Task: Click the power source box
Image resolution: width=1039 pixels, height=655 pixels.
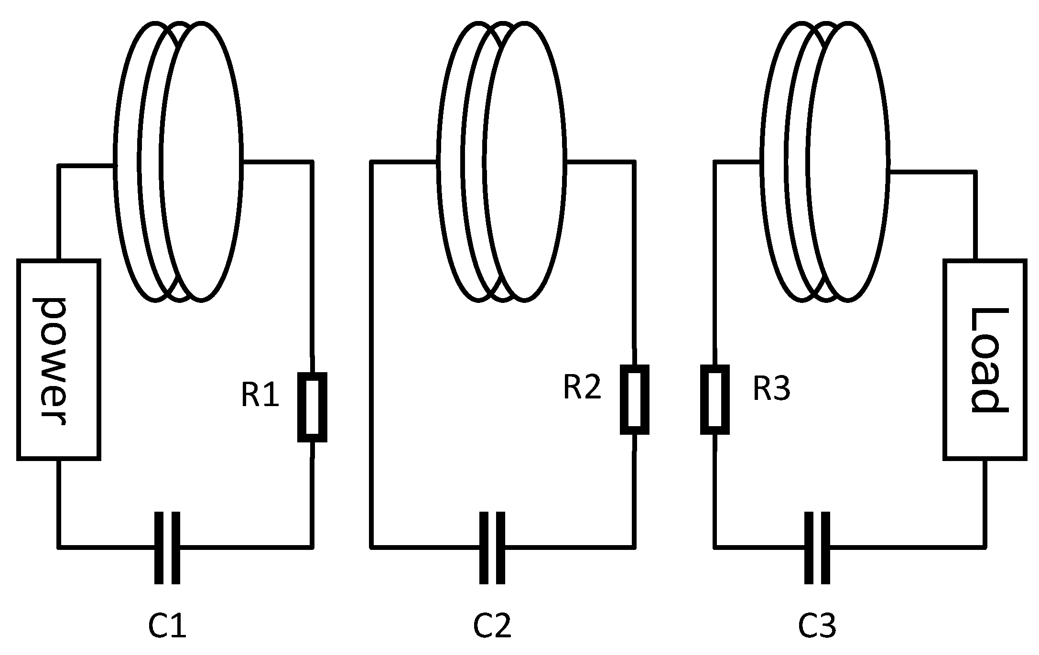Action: tap(58, 360)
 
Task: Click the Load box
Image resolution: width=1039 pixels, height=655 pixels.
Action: tap(985, 360)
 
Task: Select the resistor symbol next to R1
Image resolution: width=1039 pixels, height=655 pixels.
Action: tap(312, 408)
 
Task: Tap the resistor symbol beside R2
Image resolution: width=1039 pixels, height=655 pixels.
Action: tap(634, 400)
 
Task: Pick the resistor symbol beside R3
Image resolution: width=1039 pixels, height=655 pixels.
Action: tap(714, 400)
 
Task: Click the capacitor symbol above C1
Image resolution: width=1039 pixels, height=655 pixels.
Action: tap(167, 548)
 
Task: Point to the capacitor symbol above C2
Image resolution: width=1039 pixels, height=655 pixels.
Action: tap(492, 548)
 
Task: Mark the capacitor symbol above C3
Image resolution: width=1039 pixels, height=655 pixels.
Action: tap(817, 548)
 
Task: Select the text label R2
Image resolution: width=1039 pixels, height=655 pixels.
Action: tap(582, 387)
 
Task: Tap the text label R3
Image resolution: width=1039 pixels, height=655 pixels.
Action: tap(771, 389)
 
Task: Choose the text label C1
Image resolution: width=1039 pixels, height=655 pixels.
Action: tap(167, 626)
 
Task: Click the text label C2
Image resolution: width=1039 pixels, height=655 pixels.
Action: tap(492, 626)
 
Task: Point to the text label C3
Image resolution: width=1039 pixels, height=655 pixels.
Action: tap(817, 626)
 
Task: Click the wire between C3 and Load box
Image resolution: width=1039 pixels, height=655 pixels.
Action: tap(908, 546)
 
